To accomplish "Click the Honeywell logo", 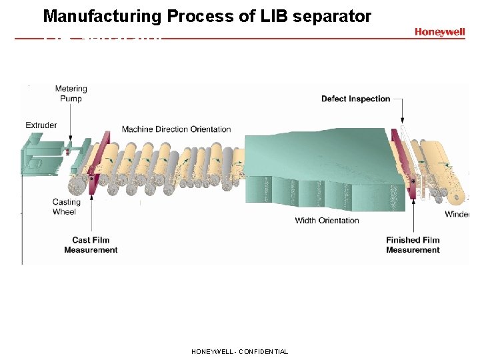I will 439,31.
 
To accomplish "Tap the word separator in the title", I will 337,17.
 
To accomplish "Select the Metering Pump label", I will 71,94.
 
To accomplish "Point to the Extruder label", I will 41,125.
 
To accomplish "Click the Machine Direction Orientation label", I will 176,129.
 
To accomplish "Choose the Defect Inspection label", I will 355,99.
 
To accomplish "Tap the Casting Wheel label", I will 66,207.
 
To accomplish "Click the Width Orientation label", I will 327,221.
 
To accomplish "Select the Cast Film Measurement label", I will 91,245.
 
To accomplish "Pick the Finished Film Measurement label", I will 413,245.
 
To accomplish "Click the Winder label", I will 457,214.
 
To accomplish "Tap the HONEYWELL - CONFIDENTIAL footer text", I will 239,351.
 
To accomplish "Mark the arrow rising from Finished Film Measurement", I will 415,213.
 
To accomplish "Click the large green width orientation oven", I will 313,167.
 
